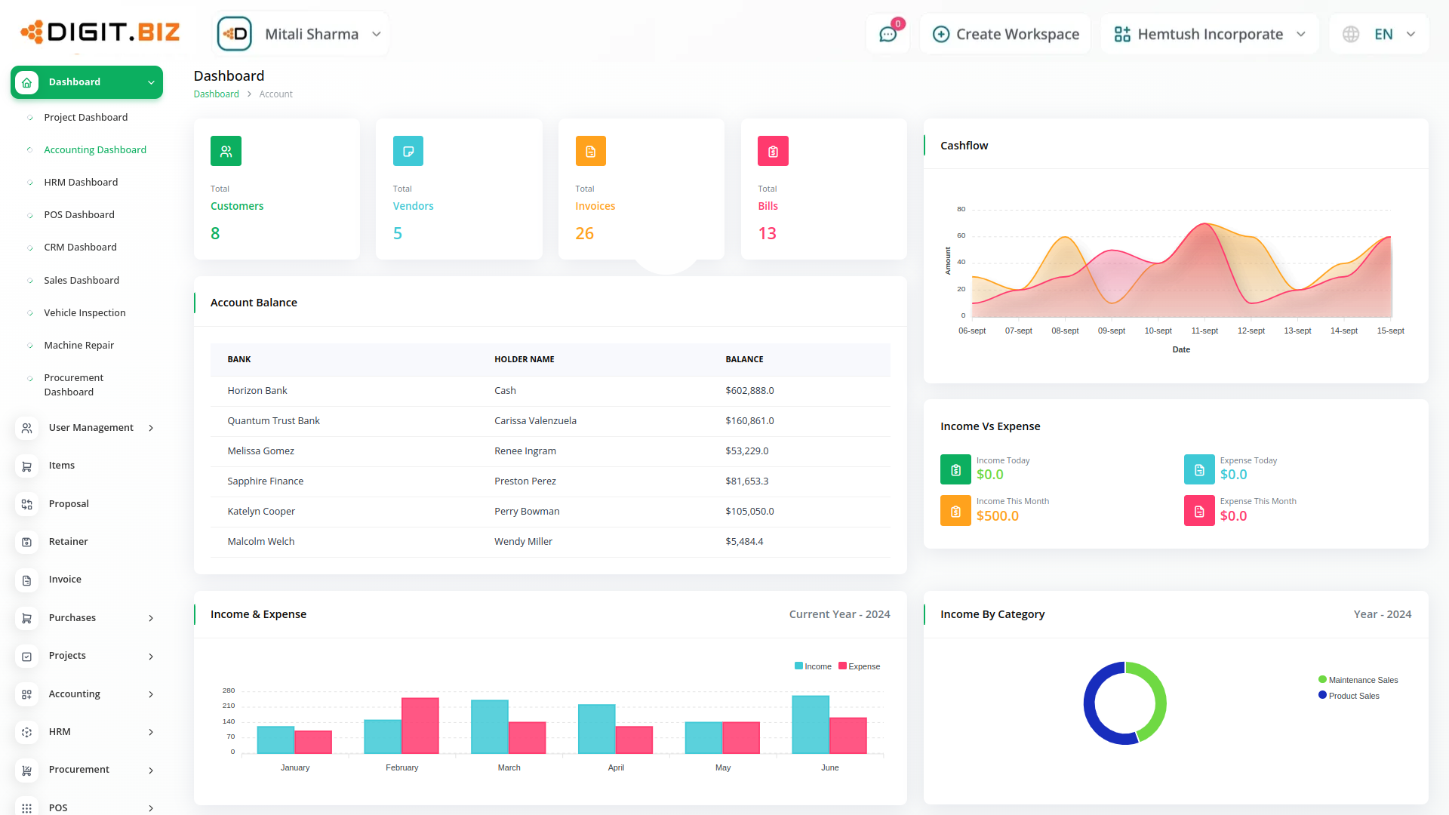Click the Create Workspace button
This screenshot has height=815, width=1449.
coord(1006,34)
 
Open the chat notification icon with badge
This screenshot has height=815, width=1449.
coord(888,34)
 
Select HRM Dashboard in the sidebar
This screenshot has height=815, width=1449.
coord(81,182)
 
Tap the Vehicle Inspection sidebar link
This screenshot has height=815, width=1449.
coord(85,312)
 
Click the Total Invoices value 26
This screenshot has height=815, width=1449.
coord(584,233)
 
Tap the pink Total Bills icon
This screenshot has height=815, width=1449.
coord(773,151)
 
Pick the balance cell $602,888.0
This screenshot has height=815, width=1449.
coord(749,390)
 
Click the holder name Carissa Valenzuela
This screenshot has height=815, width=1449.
coord(535,420)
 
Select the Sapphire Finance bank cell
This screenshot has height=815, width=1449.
coord(265,481)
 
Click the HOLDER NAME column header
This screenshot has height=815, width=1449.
coord(524,359)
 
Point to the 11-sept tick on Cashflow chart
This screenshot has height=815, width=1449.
coord(1204,331)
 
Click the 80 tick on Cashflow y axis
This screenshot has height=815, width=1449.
coord(961,209)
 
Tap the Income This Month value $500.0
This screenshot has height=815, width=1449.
coord(997,516)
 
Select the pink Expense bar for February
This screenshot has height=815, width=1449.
coord(420,725)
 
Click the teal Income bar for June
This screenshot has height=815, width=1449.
coord(811,724)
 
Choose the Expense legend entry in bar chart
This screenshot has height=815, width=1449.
coord(860,666)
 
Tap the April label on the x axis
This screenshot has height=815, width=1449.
coord(616,767)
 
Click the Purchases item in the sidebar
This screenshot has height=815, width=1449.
coord(72,617)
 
